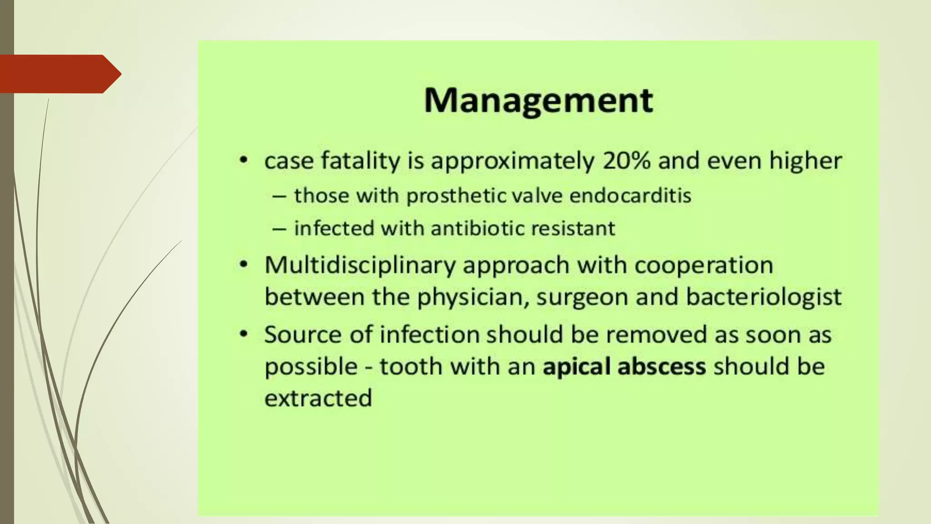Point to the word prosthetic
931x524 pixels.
(456, 196)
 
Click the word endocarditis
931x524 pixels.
(630, 196)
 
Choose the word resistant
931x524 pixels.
(573, 228)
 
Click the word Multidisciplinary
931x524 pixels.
(360, 265)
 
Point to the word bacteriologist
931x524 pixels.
(764, 297)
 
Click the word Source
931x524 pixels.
(303, 335)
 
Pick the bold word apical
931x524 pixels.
(576, 367)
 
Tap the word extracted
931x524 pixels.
(318, 398)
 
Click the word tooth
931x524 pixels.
(411, 367)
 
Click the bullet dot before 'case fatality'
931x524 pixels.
(244, 161)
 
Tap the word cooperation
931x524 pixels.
(704, 265)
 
